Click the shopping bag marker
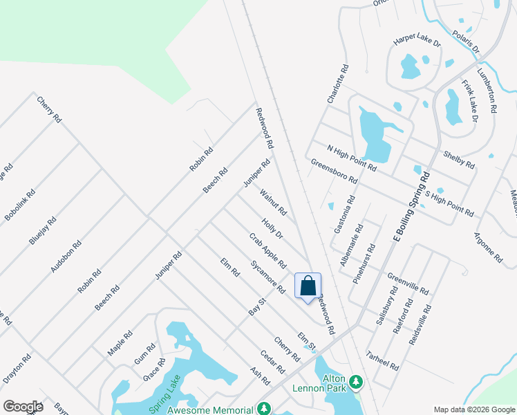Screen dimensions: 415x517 pyautogui.click(x=308, y=286)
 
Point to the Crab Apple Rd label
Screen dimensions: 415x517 pyautogui.click(x=267, y=250)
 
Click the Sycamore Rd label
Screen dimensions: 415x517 pyautogui.click(x=268, y=277)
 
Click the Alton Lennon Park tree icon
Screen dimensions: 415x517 pyautogui.click(x=357, y=382)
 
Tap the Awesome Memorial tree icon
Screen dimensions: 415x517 pyautogui.click(x=263, y=409)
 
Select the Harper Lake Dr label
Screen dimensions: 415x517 pyautogui.click(x=417, y=42)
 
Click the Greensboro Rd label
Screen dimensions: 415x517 pyautogui.click(x=334, y=171)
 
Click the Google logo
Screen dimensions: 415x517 pyautogui.click(x=23, y=406)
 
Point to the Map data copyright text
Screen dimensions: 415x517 pyautogui.click(x=473, y=409)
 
